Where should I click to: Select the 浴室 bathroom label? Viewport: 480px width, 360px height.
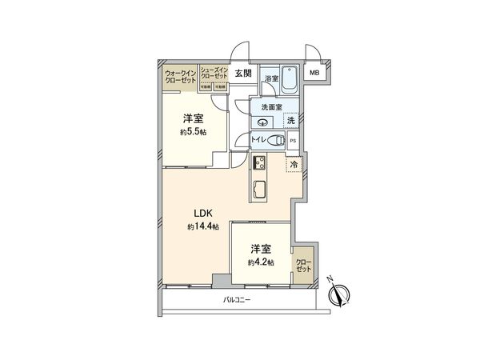pos(271,78)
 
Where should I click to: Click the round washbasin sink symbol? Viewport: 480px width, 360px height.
pos(262,122)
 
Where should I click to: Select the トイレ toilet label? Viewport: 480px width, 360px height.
pos(259,140)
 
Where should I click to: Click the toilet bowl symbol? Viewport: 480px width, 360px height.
pos(274,140)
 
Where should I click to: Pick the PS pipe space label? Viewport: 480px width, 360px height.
pos(293,142)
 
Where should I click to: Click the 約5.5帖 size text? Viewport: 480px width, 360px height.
pos(192,132)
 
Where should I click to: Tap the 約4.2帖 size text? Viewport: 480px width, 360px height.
pos(261,262)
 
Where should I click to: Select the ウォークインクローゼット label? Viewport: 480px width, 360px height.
pos(181,76)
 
